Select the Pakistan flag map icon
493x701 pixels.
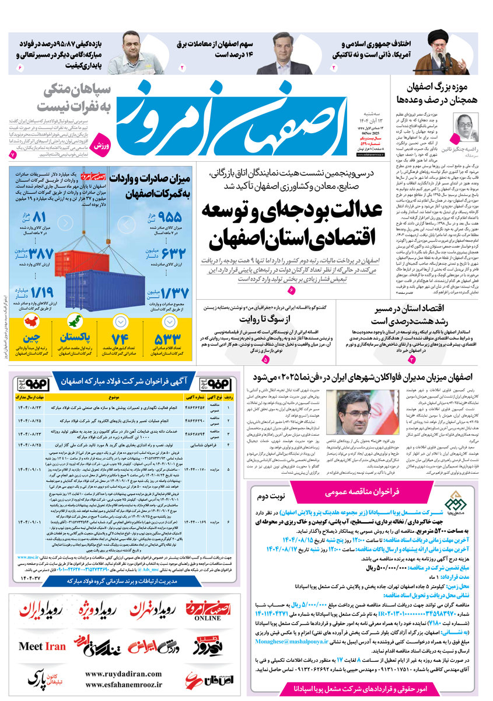[75, 322]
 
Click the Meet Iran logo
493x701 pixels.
[42, 647]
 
